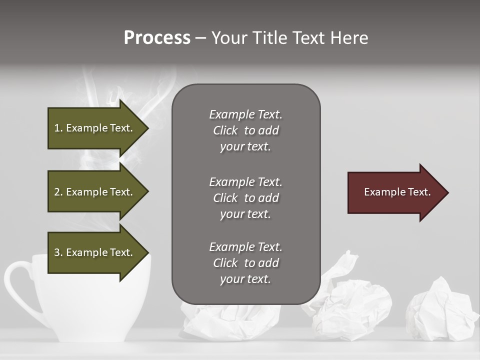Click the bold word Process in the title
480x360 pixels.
[x=157, y=38]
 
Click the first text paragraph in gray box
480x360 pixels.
[x=245, y=130]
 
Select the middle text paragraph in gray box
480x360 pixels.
[x=245, y=198]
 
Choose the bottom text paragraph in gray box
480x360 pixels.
[x=245, y=263]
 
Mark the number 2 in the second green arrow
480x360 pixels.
[x=56, y=192]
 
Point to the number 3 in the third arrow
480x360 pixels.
[x=56, y=252]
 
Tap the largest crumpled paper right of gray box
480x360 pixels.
[x=352, y=300]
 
